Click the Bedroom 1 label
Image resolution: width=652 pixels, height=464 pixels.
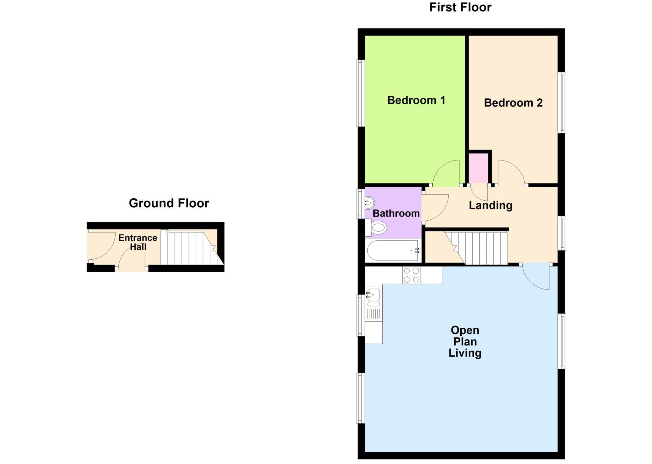point(416,100)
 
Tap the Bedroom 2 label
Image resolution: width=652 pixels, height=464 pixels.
point(513,103)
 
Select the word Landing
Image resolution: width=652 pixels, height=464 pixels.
point(490,205)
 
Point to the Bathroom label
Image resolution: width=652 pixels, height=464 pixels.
point(396,213)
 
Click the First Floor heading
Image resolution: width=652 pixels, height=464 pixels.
point(460,7)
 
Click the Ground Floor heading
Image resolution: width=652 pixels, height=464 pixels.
point(169,203)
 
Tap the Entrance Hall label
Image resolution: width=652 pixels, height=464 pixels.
point(138,242)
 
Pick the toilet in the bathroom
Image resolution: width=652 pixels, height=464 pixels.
point(378,228)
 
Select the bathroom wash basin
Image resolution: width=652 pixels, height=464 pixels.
point(370,203)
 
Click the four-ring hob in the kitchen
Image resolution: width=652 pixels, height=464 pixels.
point(411,275)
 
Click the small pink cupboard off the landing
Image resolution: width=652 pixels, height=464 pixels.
point(478,168)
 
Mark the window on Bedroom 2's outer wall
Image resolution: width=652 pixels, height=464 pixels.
point(563,103)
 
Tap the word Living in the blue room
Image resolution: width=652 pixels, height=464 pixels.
point(465,353)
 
